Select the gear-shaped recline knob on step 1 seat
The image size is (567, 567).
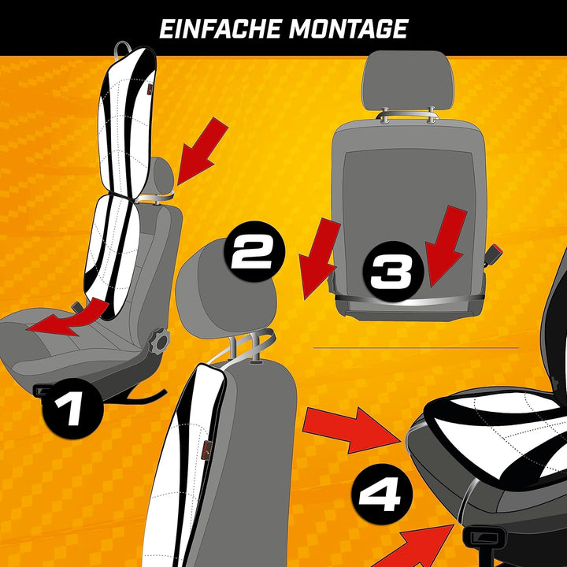coord(161,340)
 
